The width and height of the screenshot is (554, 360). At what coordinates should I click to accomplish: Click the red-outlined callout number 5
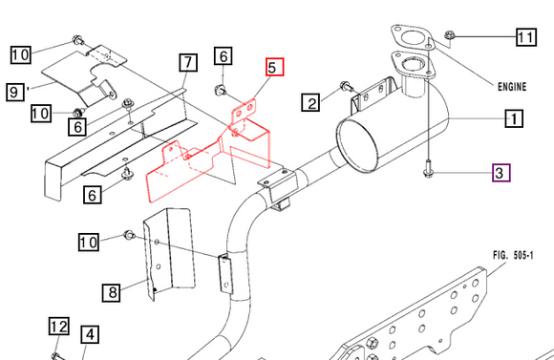(x=272, y=68)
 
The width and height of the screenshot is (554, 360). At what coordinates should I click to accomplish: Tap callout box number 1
(x=513, y=119)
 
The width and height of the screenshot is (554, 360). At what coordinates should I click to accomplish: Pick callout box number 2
(x=311, y=101)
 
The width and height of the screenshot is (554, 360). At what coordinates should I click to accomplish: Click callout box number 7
(x=187, y=63)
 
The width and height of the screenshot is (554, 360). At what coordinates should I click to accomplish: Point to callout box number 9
(x=14, y=92)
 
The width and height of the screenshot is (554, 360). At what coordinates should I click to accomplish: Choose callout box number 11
(x=526, y=38)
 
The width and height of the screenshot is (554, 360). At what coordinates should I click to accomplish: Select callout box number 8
(x=112, y=292)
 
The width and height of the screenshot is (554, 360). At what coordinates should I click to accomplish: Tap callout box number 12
(x=57, y=328)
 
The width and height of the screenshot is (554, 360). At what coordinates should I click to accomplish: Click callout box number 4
(x=89, y=335)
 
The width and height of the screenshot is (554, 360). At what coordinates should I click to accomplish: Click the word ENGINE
(x=511, y=86)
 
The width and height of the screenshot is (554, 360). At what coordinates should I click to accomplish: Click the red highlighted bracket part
(x=210, y=158)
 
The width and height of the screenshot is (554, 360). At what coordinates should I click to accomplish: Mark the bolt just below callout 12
(x=57, y=353)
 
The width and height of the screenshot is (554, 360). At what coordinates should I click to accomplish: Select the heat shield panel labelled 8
(x=167, y=253)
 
